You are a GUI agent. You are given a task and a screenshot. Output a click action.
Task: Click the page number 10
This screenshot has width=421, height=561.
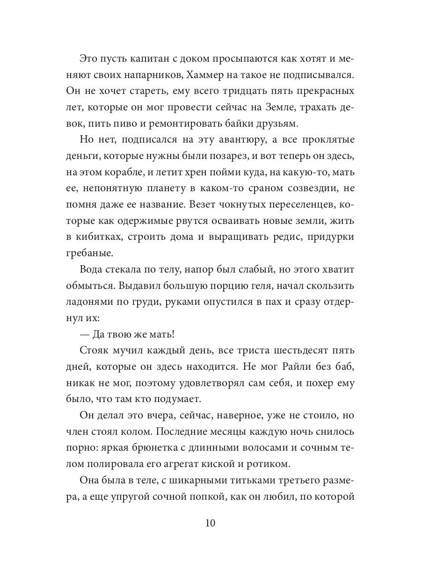[x=210, y=523]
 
